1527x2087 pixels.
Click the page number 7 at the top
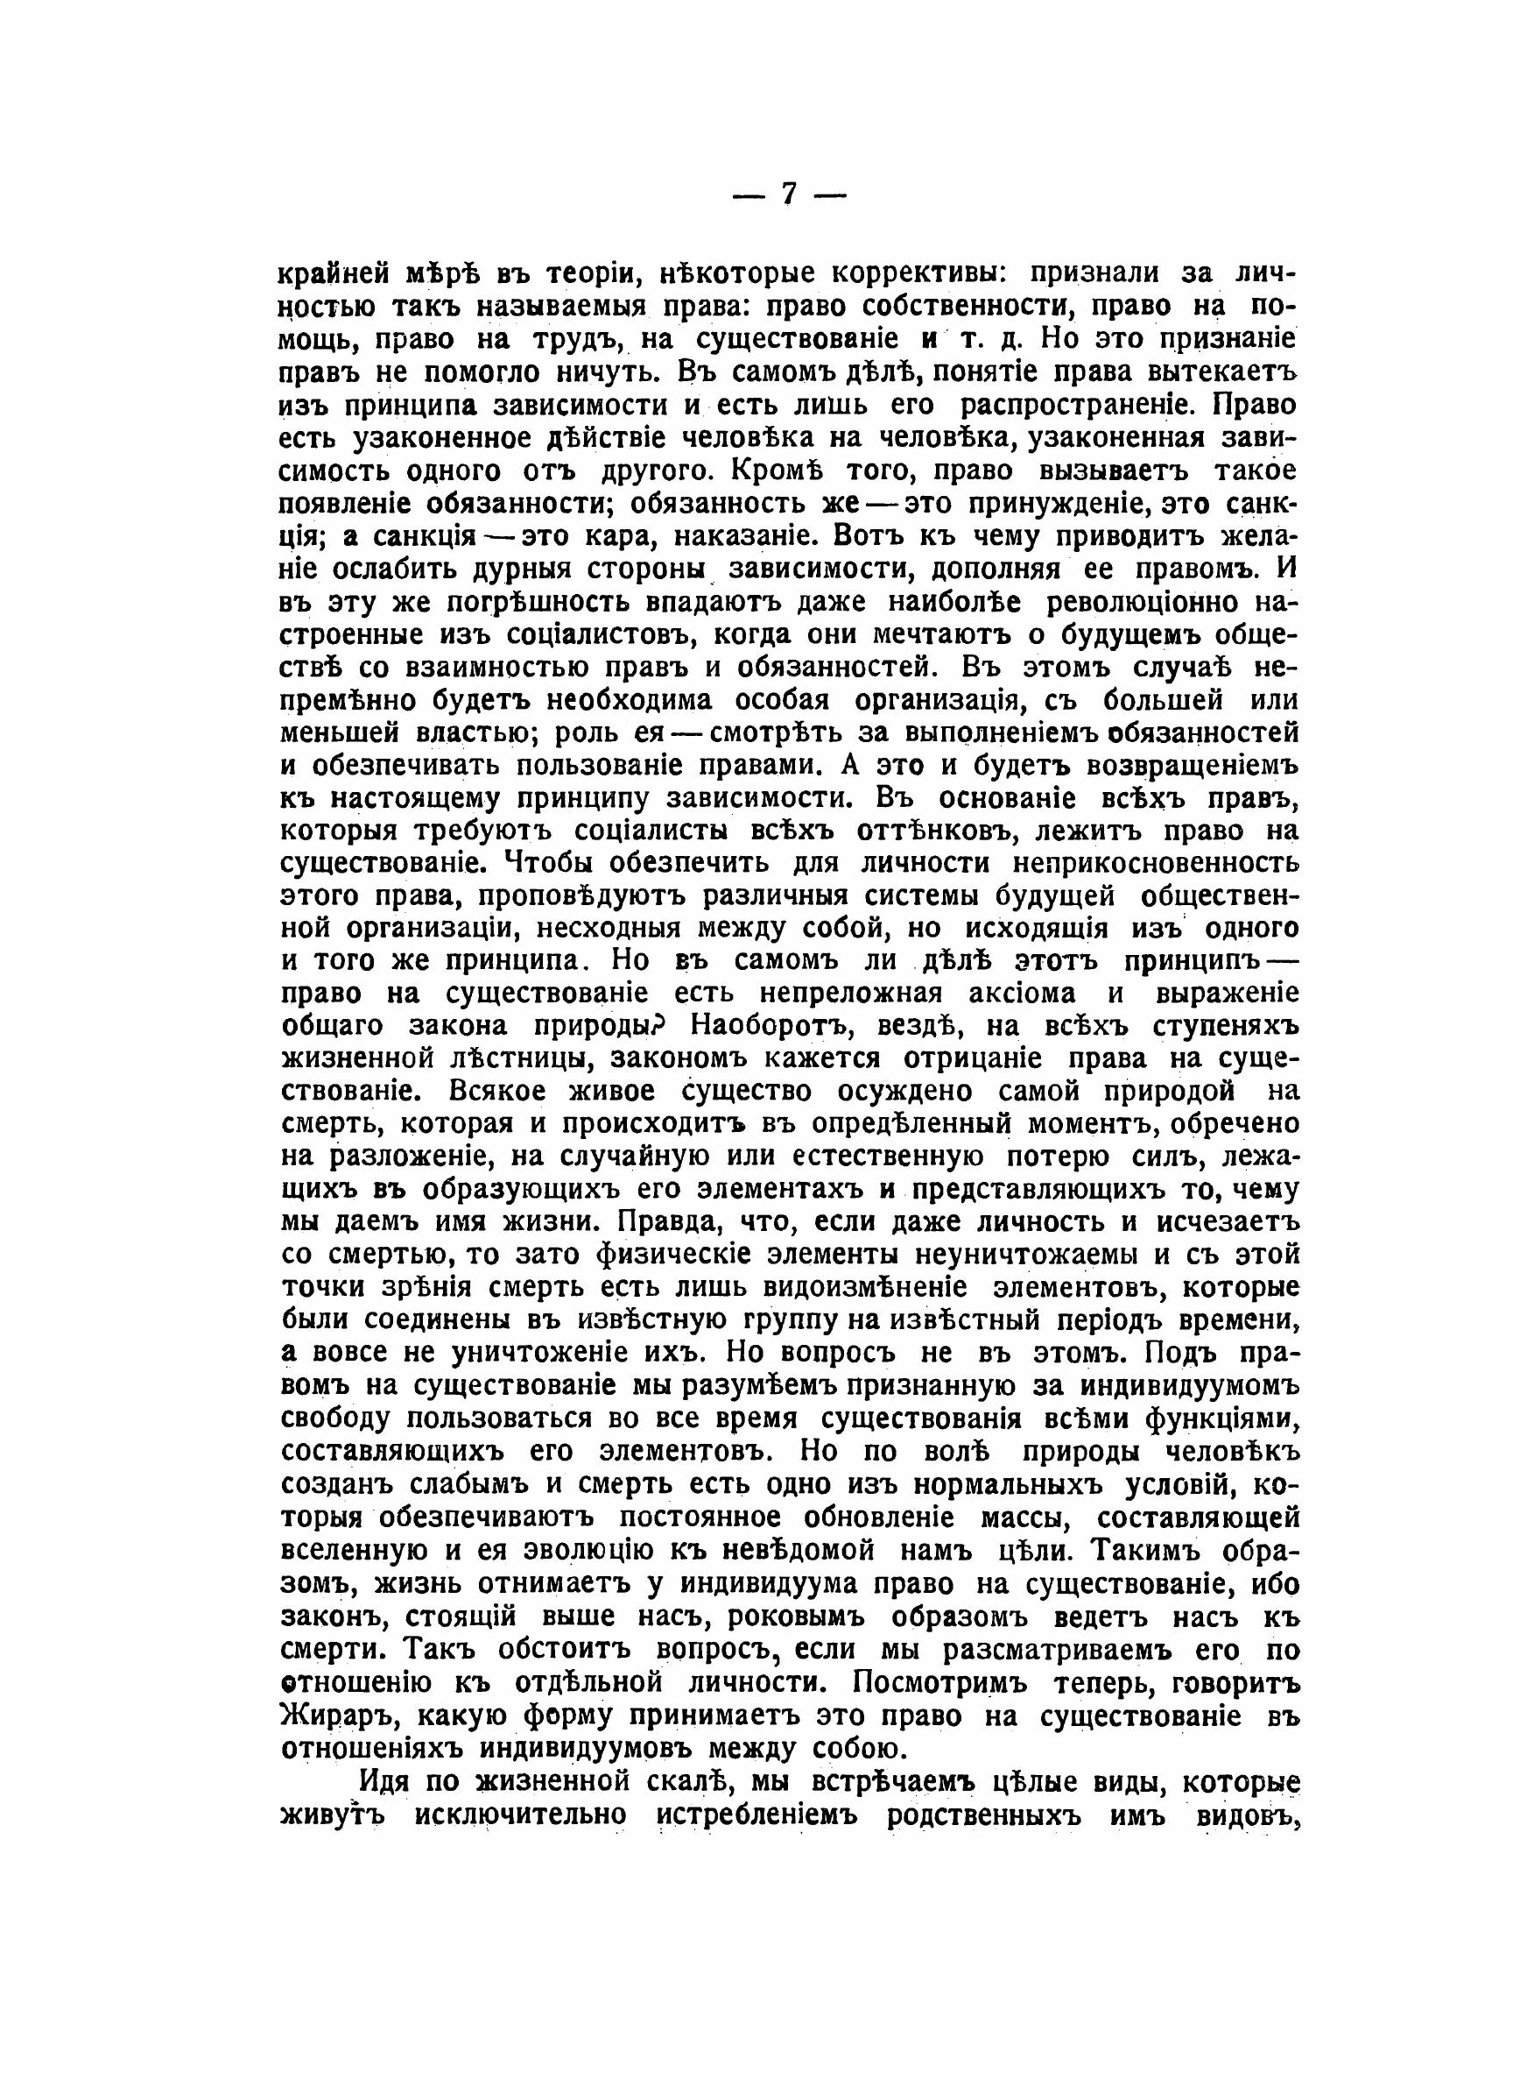[789, 195]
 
